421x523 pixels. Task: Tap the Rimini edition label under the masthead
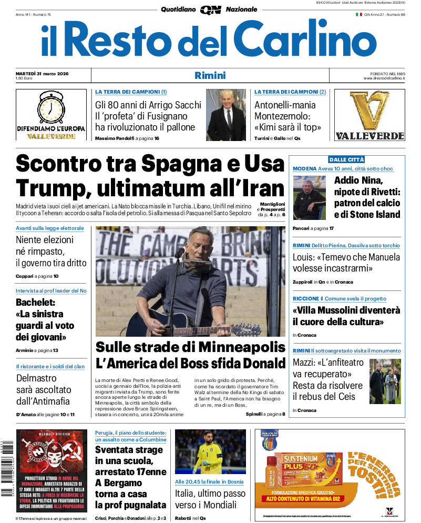210,75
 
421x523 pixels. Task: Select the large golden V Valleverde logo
369,110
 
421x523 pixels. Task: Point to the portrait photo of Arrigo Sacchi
225,115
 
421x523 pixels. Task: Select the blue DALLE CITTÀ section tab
346,159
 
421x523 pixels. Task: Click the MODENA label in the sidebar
304,168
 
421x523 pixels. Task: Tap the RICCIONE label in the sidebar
306,298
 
